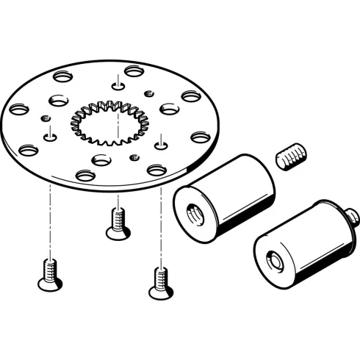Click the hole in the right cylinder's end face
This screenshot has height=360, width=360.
pos(276,260)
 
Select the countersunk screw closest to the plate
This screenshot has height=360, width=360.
pos(116,222)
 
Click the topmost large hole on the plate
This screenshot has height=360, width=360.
pos(134,71)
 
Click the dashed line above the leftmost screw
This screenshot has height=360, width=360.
pos(50,220)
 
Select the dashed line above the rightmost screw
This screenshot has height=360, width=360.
pos(160,228)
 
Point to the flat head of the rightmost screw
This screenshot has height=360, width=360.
pos(160,293)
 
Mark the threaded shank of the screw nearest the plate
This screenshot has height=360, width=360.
pos(116,217)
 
